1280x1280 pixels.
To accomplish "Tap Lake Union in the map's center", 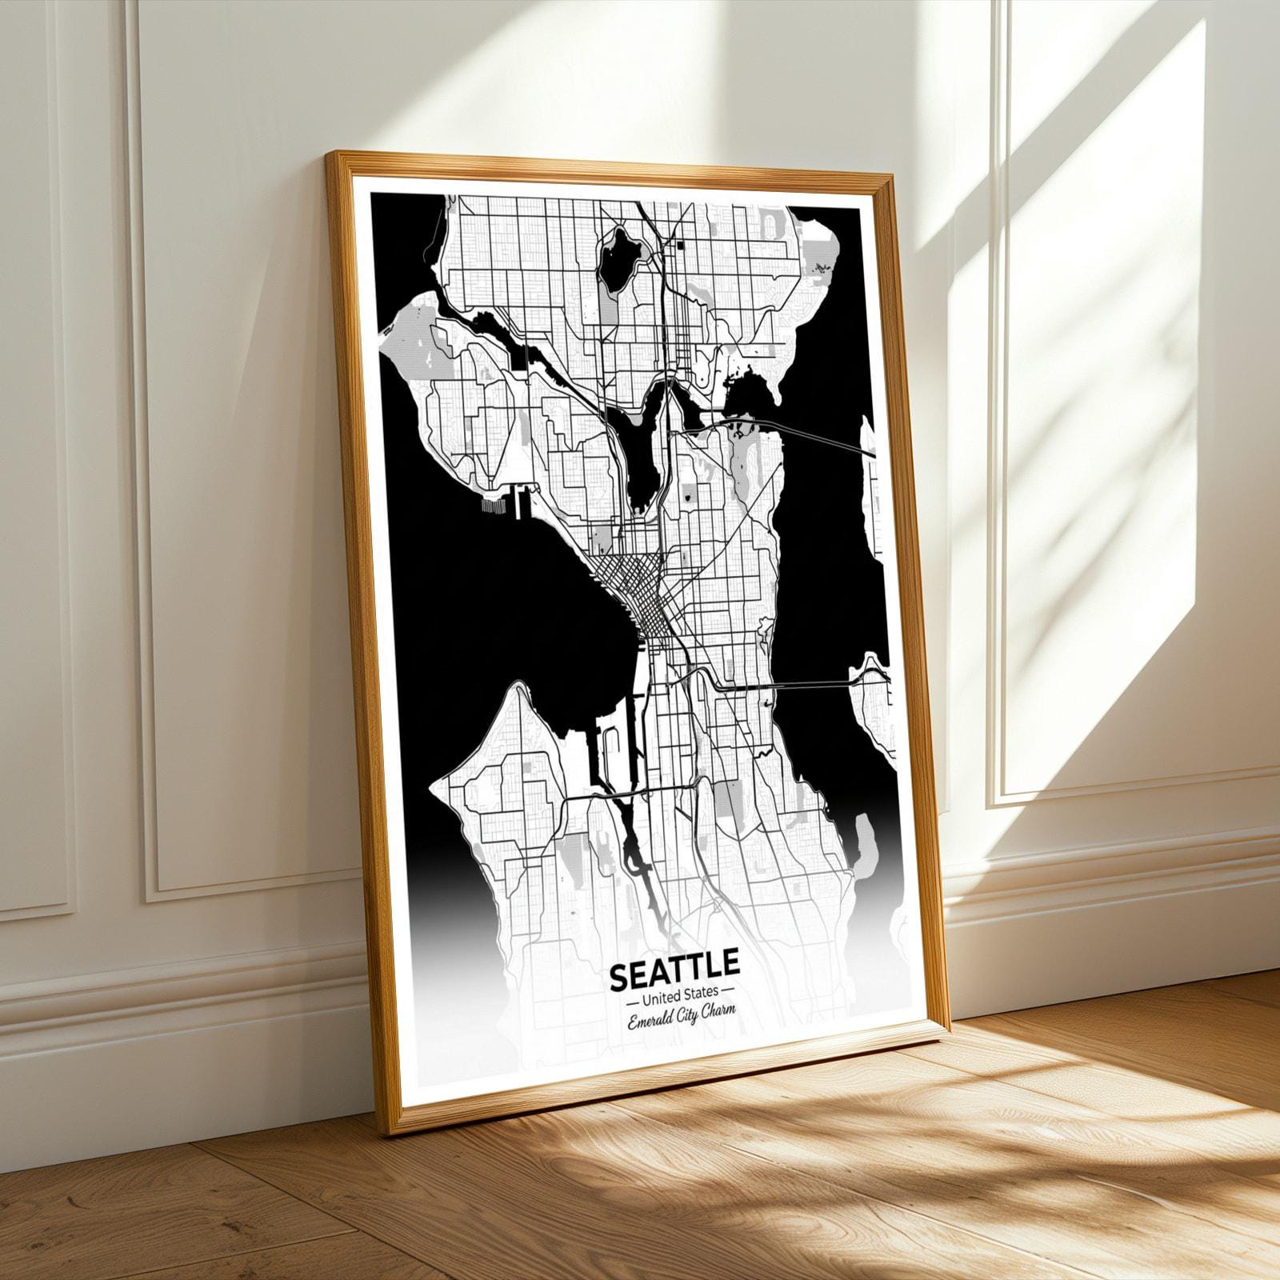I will click(x=644, y=456).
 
